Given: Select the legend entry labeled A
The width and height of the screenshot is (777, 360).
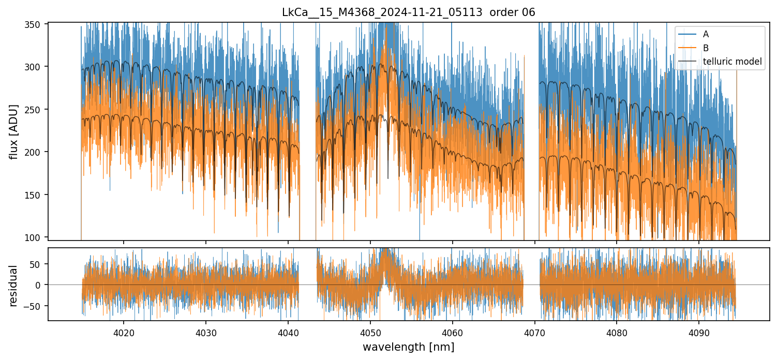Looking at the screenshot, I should click(x=706, y=35).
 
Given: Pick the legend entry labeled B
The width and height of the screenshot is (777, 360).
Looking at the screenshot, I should click(x=706, y=48).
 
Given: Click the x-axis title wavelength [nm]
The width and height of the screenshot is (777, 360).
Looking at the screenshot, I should click(x=408, y=347).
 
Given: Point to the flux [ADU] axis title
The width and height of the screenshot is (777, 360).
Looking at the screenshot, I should click(x=14, y=131).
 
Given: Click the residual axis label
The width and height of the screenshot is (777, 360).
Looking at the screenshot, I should click(x=14, y=286).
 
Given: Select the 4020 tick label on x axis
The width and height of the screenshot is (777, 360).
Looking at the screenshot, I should click(x=124, y=333).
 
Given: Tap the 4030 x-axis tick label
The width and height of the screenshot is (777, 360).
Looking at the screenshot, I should click(x=206, y=333).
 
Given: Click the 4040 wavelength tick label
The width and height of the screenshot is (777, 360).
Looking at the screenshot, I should click(x=288, y=333).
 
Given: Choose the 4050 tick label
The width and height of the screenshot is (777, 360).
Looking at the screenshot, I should click(x=370, y=333).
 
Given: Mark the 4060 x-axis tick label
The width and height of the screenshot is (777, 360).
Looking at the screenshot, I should click(x=453, y=333).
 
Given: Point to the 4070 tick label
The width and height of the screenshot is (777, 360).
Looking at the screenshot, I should click(x=535, y=333).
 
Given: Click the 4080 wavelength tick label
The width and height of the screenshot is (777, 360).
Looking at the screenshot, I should click(x=617, y=333).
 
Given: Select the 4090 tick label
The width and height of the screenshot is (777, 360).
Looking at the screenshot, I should click(x=699, y=333).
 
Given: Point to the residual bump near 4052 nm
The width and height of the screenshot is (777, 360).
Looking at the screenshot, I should click(x=386, y=259).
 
